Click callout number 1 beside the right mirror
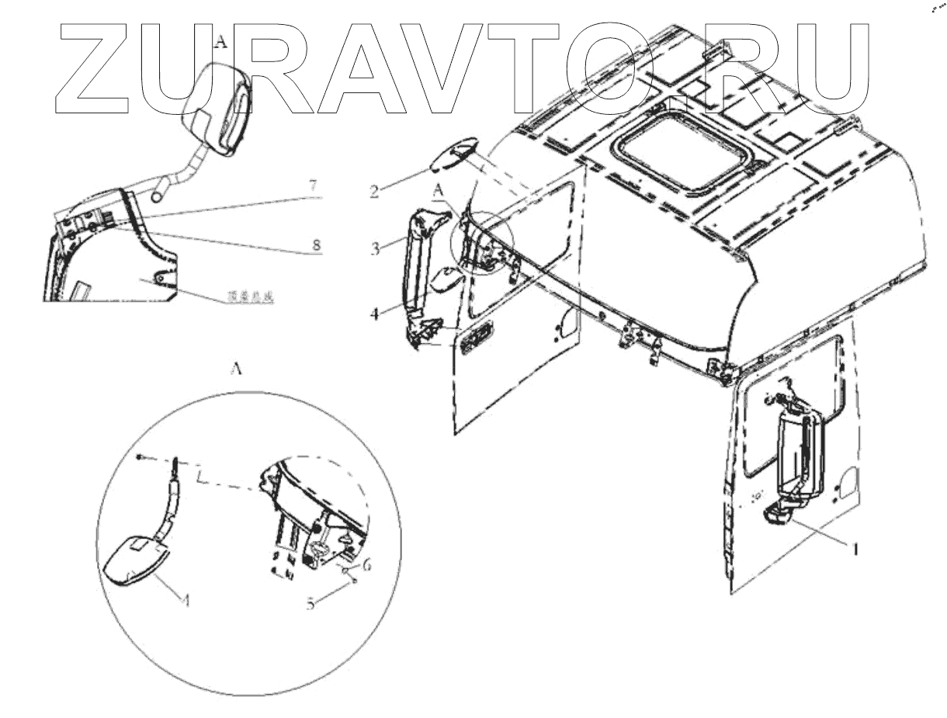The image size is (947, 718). pos(855,549)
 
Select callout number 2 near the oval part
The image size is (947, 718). pos(374,189)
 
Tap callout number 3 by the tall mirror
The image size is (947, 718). pos(374,250)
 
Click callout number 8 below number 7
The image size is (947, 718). pos(315,245)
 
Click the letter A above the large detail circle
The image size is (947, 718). pos(238,370)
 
